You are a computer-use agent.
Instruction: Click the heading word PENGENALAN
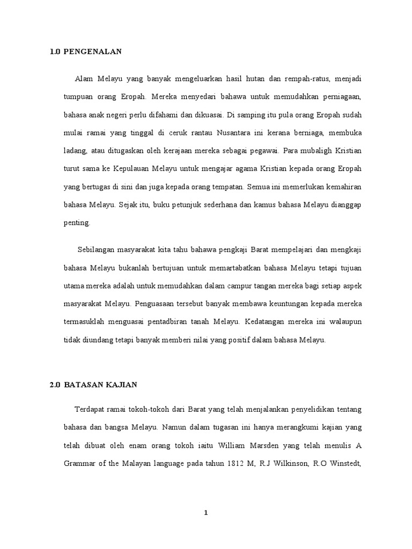93,51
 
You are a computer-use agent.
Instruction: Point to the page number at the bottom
205,513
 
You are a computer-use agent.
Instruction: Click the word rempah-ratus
306,79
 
